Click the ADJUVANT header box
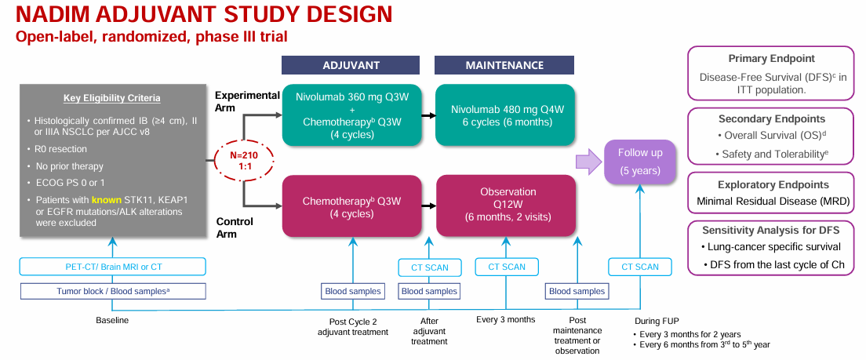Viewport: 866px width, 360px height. (351, 65)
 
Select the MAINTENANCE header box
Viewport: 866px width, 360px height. (504, 65)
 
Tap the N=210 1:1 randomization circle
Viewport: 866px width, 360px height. (243, 161)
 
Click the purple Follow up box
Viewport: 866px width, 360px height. (639, 162)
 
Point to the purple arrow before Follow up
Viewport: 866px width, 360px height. (588, 162)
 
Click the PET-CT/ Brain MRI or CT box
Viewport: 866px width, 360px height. (113, 267)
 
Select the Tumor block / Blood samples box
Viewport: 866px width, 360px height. (113, 291)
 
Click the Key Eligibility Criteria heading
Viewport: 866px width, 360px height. (112, 98)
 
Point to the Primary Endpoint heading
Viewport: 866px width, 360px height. (772, 59)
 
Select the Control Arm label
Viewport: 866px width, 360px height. (235, 227)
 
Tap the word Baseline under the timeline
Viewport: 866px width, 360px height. (112, 320)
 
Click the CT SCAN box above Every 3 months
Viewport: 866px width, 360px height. (507, 267)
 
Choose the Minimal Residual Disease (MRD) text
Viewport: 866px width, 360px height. (773, 202)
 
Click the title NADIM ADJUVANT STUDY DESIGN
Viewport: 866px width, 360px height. (204, 14)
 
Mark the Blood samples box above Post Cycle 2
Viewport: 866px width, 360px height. (352, 291)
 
